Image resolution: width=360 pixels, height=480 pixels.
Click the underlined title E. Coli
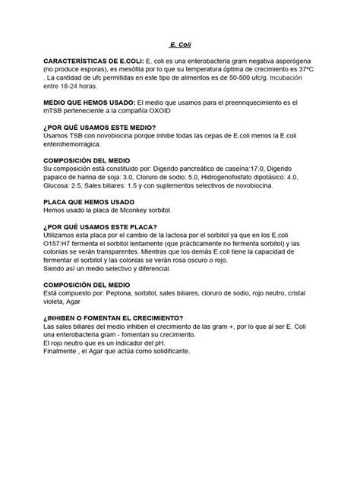[180, 46]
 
